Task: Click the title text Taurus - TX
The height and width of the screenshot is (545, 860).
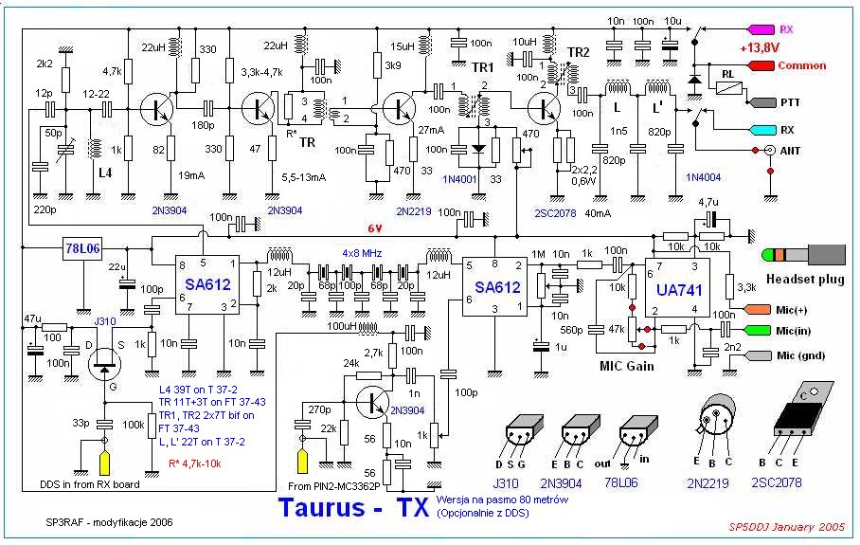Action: [356, 507]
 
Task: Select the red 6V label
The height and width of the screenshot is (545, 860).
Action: [376, 228]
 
